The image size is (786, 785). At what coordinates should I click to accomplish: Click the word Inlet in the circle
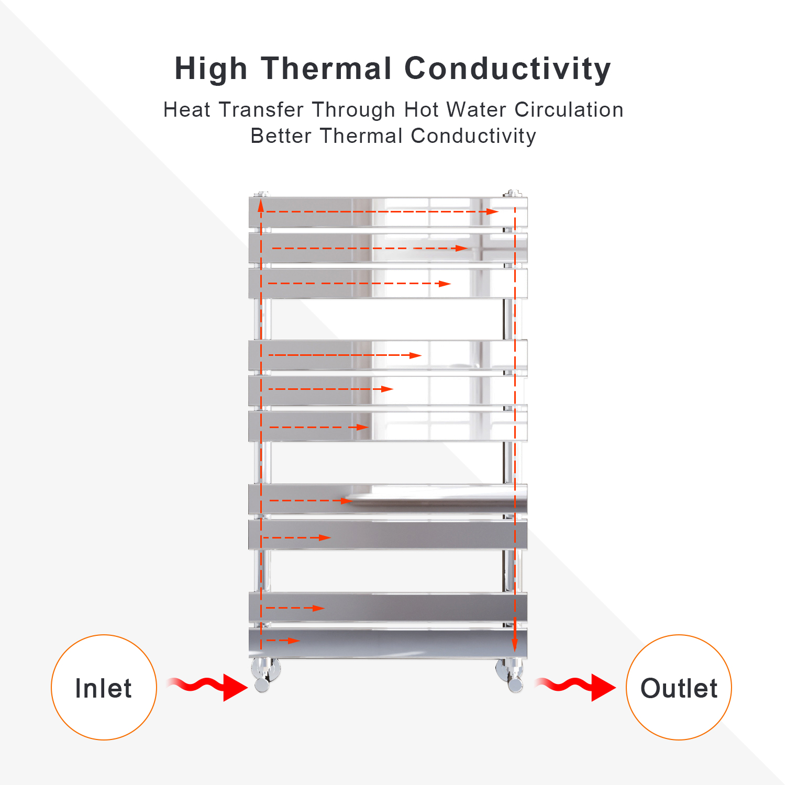click(103, 688)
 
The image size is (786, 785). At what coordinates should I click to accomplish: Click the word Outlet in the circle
click(679, 688)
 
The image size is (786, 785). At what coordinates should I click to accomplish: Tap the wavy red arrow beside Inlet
click(207, 687)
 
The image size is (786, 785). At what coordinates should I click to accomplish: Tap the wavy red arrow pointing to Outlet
click(575, 687)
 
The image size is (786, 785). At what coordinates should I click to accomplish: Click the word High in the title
click(211, 70)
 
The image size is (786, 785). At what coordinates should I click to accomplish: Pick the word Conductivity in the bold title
click(508, 70)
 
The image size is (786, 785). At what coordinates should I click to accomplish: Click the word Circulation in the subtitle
click(569, 110)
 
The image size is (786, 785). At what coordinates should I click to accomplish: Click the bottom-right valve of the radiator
click(511, 675)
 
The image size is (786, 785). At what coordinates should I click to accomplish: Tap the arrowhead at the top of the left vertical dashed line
click(261, 206)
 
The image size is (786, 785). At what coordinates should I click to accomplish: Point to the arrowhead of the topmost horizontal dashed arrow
click(492, 211)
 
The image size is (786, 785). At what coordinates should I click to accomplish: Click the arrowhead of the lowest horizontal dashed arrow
click(294, 641)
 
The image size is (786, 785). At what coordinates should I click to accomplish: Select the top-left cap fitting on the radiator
click(261, 194)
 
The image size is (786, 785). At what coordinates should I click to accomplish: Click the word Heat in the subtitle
click(187, 110)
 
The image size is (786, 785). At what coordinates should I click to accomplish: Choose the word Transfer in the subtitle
click(261, 110)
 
